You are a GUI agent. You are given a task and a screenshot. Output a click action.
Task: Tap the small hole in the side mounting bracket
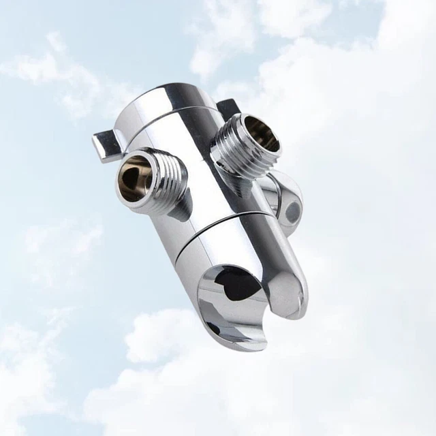pos(292,212)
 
